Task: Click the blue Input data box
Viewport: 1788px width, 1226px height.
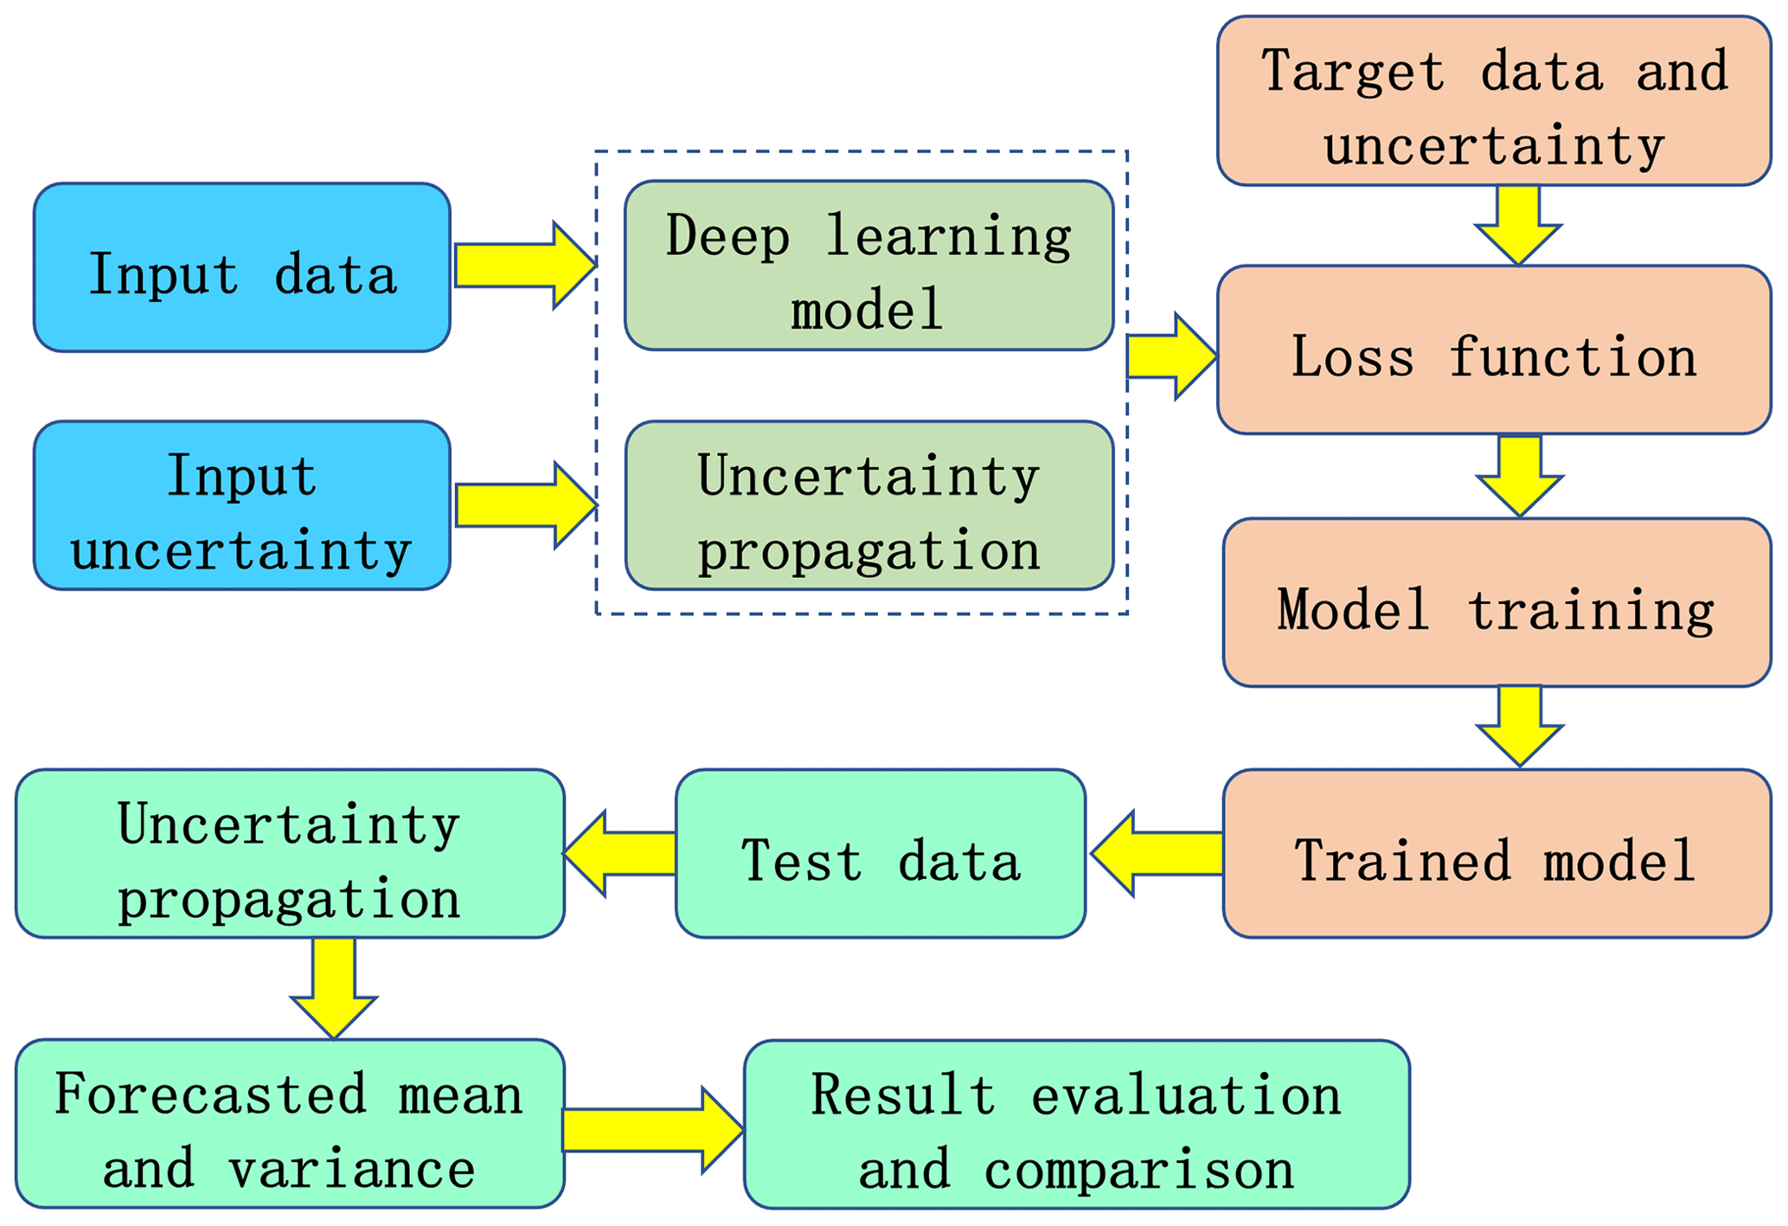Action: pos(241,267)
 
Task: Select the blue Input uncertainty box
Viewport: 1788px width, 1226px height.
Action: pos(241,505)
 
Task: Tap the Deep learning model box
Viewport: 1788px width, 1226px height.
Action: pos(868,266)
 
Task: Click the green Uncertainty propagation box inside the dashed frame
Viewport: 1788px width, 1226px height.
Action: pos(868,505)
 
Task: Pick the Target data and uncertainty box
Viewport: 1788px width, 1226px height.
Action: pos(1494,100)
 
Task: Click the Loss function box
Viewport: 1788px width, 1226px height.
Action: pos(1494,350)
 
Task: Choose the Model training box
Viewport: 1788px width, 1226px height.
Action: pos(1496,602)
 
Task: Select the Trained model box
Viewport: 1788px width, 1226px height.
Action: pos(1496,853)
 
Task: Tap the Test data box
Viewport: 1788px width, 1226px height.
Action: pos(880,853)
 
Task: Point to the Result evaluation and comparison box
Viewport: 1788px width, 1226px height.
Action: pos(1076,1124)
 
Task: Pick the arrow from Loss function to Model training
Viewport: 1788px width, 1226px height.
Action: pos(1519,475)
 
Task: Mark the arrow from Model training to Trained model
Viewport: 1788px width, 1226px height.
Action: pos(1519,724)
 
